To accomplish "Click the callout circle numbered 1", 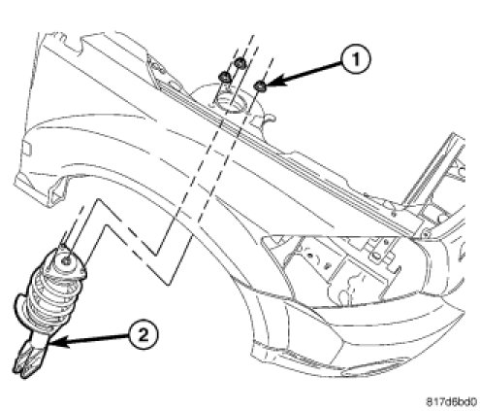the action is tap(356, 60).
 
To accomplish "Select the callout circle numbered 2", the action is tap(144, 334).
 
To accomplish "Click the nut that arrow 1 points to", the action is tap(260, 86).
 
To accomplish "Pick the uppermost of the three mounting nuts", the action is tap(240, 63).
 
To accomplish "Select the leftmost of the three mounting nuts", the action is tap(224, 78).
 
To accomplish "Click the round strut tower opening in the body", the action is tap(231, 102).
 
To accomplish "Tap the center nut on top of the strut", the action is tap(66, 261).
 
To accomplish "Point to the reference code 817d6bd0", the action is tap(451, 402).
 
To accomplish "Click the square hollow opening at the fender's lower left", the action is tap(56, 194).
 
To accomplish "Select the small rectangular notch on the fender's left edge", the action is tap(27, 149).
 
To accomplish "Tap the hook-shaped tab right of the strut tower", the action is tap(266, 120).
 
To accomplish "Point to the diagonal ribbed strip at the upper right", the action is tap(433, 168).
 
